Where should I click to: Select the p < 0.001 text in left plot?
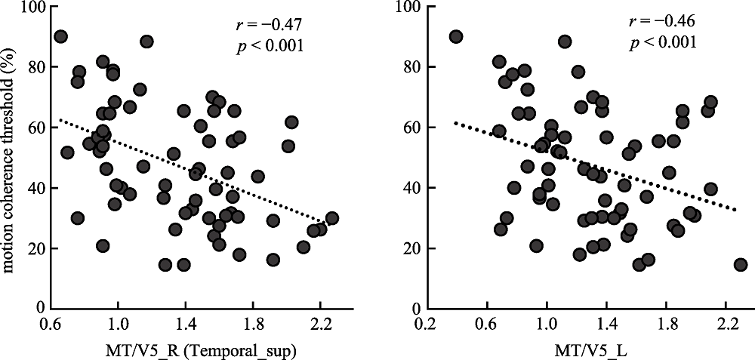(x=268, y=46)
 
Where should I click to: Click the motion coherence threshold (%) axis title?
(x=10, y=158)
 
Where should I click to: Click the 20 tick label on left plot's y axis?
(x=34, y=248)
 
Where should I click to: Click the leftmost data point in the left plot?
(x=60, y=36)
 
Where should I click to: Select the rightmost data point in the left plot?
(x=331, y=218)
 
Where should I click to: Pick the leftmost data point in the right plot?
(x=456, y=36)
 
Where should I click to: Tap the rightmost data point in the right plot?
(x=741, y=265)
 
